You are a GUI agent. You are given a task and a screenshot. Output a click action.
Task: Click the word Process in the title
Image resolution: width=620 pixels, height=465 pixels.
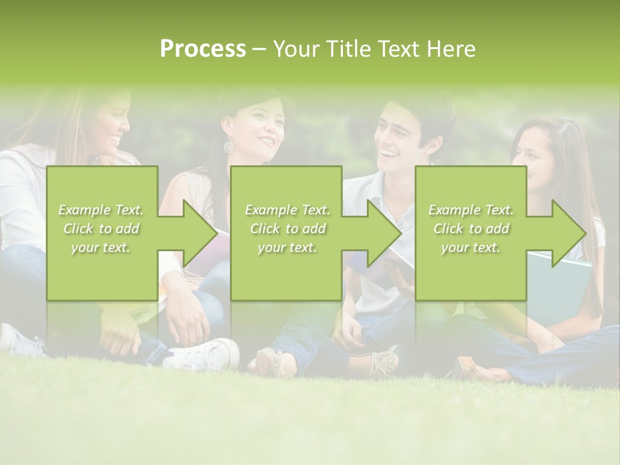203,49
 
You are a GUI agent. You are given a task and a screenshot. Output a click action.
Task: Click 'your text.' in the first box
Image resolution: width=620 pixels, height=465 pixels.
101,247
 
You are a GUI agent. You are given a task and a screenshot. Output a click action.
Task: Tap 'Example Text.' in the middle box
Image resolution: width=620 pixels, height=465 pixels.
287,210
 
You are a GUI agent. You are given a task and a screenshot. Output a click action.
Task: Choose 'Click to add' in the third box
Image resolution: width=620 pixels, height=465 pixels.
471,229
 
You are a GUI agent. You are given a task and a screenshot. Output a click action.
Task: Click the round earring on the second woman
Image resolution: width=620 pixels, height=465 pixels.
229,146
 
